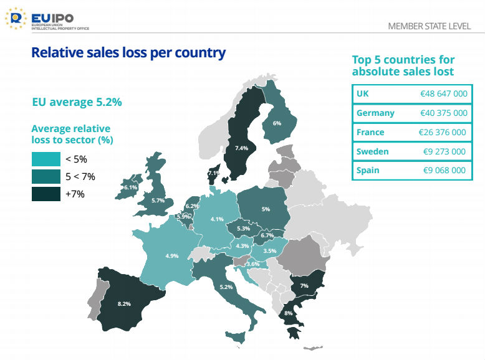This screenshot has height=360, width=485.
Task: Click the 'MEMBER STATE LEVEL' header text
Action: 429,26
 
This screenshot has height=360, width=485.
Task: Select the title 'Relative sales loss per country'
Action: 128,52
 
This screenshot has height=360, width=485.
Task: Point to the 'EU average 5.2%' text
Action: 77,102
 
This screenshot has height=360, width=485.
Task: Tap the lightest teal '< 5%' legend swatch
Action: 46,159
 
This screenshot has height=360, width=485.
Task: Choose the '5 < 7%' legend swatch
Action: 46,176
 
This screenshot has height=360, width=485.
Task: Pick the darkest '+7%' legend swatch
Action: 46,194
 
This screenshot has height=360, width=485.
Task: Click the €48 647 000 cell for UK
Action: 443,93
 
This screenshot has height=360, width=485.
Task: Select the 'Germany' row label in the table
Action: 375,113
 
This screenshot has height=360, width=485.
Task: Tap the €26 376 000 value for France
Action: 443,132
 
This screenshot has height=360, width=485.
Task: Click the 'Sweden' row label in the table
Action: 372,151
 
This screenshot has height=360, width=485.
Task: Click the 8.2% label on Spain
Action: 124,304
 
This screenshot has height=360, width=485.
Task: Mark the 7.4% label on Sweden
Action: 241,148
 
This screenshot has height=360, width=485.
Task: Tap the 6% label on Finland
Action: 277,123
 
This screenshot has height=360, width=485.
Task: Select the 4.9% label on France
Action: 171,256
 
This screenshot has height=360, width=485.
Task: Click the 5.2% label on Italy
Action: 226,287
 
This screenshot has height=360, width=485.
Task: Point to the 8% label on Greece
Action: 288,313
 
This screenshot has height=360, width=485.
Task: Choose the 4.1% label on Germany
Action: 217,219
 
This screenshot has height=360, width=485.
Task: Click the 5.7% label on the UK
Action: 158,201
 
